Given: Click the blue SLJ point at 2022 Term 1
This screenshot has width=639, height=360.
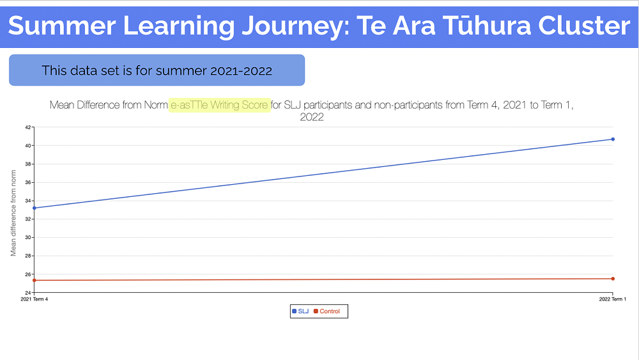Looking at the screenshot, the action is pos(613,139).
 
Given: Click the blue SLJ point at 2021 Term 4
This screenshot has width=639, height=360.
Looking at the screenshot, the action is pos(35,208).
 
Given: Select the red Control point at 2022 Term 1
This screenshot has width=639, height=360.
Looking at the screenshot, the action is pos(613,279).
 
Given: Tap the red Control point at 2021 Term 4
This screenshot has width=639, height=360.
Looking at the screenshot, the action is pos(35,281).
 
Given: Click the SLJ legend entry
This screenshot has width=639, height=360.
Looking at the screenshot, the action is pos(300,311).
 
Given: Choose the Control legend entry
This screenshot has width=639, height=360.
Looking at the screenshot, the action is pos(327,311).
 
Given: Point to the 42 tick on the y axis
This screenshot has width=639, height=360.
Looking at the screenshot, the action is pos(27,127).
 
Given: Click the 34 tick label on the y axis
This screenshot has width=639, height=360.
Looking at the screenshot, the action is pos(27,201).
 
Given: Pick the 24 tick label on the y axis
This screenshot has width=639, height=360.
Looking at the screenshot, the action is pos(27,293).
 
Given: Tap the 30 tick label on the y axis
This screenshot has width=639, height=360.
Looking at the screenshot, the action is pos(27,237).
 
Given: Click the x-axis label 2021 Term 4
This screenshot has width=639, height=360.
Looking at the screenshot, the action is pos(35,299).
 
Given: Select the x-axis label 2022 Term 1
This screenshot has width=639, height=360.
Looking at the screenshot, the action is pos(613,299).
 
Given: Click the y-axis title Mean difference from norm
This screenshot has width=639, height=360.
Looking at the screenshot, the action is pos(13,213).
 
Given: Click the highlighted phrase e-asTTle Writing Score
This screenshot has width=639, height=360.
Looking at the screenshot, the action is pos(219,106).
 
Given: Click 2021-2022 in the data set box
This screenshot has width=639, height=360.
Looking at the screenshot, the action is pos(242,71).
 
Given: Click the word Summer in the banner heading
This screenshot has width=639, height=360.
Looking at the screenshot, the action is pos(62,26).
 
